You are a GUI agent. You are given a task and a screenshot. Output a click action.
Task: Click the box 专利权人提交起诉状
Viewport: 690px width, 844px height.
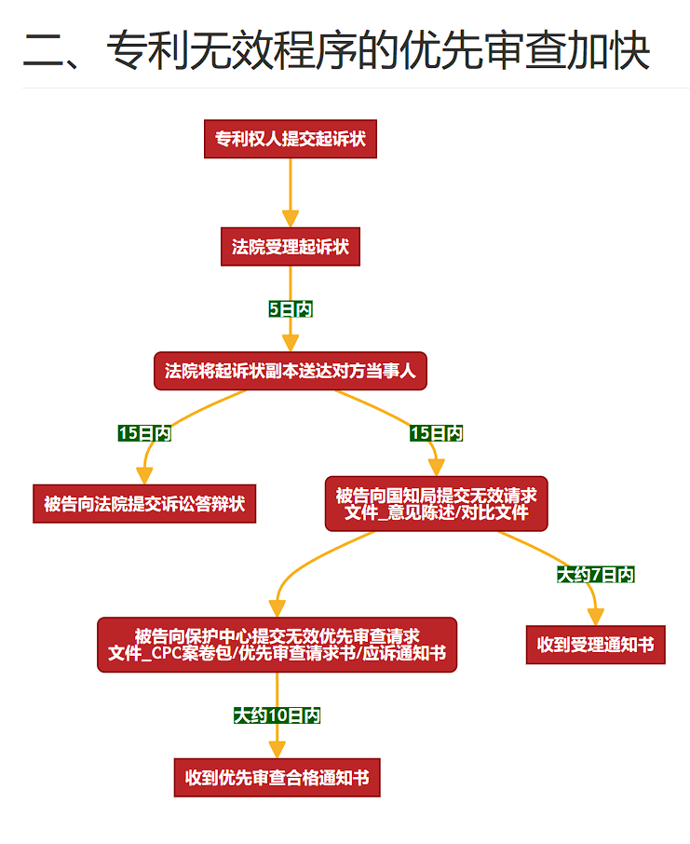click(x=290, y=139)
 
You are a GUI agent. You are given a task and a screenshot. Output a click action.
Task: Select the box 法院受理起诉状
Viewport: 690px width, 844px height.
click(x=290, y=247)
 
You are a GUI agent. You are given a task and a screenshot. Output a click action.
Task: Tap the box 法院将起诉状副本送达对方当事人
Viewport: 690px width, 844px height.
click(x=290, y=371)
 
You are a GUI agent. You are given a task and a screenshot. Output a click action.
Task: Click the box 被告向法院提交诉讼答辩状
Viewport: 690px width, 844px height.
click(x=144, y=504)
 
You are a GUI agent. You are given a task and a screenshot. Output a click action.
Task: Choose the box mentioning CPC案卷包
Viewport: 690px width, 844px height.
click(x=277, y=645)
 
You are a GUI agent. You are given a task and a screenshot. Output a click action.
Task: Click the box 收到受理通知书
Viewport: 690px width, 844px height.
click(x=595, y=645)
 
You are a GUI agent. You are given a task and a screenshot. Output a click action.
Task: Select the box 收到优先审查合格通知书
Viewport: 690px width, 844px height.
click(x=277, y=777)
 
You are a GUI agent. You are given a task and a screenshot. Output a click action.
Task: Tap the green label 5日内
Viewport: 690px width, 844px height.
click(x=290, y=308)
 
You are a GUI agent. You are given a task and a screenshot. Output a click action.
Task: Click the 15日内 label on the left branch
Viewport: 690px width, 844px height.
click(x=144, y=433)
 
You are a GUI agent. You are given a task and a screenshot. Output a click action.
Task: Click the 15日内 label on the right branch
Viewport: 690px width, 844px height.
click(x=436, y=433)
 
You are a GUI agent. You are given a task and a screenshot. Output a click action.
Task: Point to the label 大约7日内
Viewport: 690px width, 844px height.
click(x=595, y=575)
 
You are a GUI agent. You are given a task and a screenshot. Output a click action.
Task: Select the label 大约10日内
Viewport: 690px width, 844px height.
click(x=277, y=715)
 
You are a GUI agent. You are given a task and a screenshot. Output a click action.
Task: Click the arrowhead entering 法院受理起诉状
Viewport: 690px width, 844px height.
click(x=290, y=219)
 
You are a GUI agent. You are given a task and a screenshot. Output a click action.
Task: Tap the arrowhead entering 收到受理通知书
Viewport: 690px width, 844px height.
click(x=595, y=617)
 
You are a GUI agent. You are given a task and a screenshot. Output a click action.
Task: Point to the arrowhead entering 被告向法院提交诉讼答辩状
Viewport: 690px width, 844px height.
click(x=144, y=476)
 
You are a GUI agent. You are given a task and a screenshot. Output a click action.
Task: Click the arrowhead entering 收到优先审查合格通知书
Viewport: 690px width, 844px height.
click(x=277, y=750)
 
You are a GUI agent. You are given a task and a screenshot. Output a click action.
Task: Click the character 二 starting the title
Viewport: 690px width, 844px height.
click(x=43, y=50)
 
